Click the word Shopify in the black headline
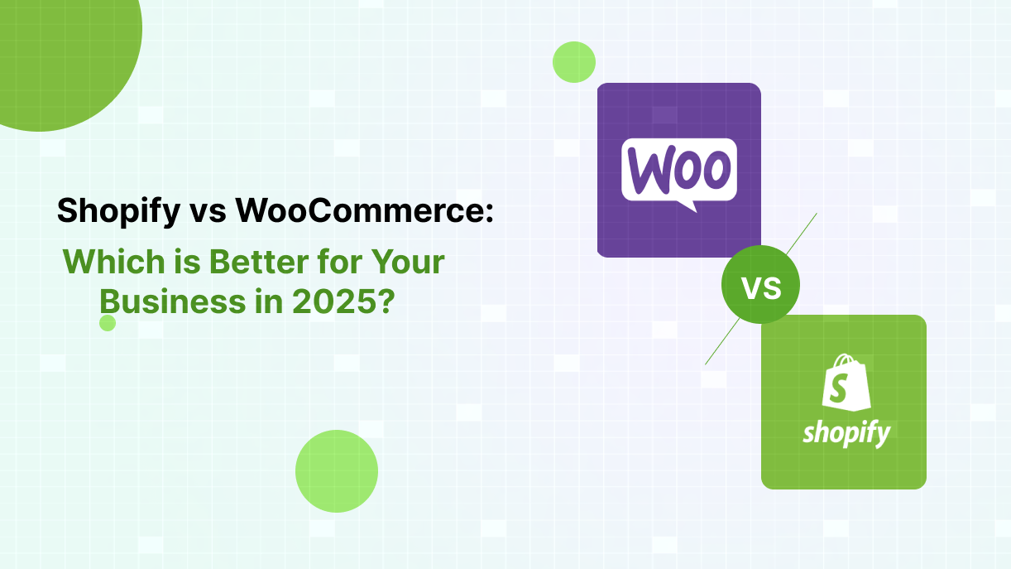118,211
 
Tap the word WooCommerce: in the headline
364,210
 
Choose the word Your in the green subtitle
408,261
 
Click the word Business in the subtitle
172,301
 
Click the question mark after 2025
386,301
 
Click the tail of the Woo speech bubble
688,206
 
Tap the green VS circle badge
760,284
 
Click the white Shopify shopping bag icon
846,383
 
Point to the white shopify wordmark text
846,434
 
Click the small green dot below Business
108,323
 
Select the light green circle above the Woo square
574,62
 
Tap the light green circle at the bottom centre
337,471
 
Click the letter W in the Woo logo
646,171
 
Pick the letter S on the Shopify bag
839,388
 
